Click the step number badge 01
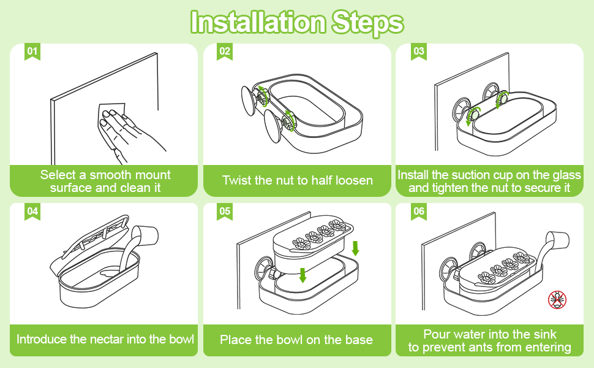pyautogui.click(x=32, y=51)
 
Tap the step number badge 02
pyautogui.click(x=225, y=51)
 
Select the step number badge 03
pyautogui.click(x=418, y=51)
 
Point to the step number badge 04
pyautogui.click(x=32, y=211)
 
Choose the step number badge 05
pyautogui.click(x=225, y=211)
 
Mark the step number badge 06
pyautogui.click(x=418, y=211)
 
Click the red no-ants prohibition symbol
pyautogui.click(x=557, y=300)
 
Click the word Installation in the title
pyautogui.click(x=258, y=23)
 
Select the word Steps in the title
pyautogui.click(x=368, y=23)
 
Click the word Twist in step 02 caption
pyautogui.click(x=238, y=180)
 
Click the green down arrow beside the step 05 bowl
pyautogui.click(x=356, y=248)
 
